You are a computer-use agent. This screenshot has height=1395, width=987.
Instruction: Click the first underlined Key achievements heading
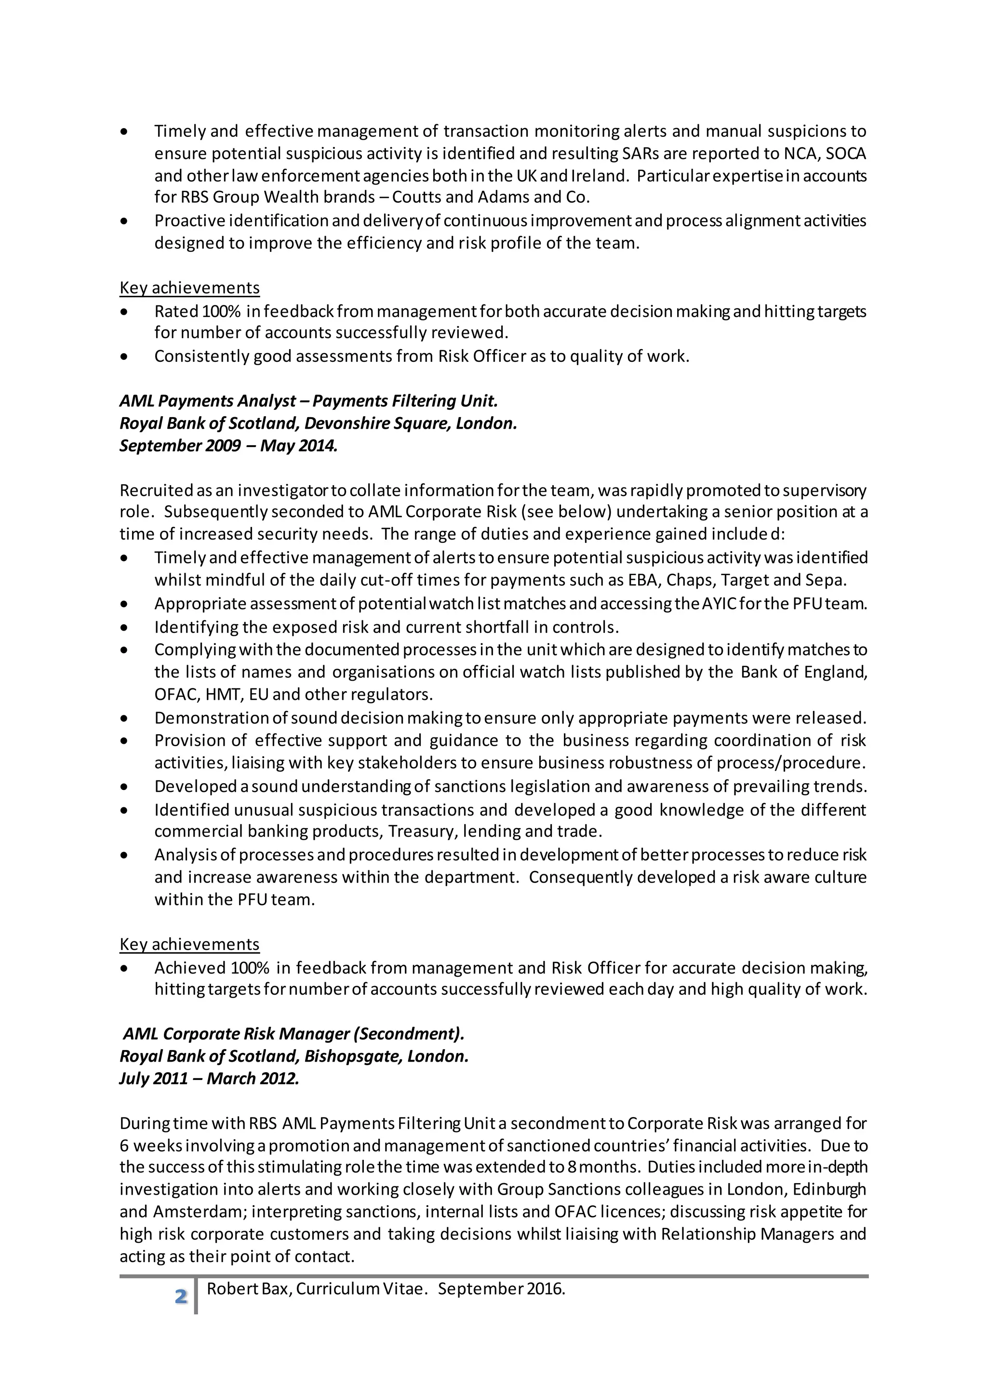pos(189,288)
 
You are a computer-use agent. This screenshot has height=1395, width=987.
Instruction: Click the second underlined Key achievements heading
pos(189,944)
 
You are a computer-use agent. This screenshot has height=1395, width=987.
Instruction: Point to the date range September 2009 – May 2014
pos(228,446)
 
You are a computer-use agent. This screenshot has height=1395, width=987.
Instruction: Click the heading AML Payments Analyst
pos(208,401)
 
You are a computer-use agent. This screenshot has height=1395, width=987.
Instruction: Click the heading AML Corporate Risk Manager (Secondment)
pos(293,1034)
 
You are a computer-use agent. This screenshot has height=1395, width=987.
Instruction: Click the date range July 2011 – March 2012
pos(209,1079)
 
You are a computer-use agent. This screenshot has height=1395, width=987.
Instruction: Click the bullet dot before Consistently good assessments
pos(125,356)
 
